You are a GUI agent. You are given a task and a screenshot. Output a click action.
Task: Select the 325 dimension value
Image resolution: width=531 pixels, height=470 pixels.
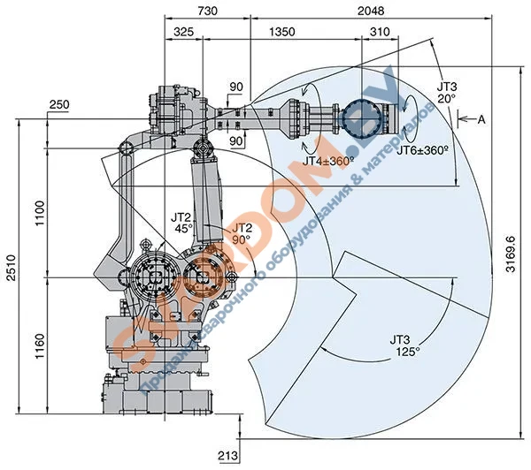click(x=184, y=32)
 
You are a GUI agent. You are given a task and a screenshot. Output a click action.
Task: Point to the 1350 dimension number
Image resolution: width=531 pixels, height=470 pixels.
click(x=281, y=32)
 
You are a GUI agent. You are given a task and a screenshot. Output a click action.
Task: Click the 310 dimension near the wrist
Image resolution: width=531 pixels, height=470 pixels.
click(x=380, y=32)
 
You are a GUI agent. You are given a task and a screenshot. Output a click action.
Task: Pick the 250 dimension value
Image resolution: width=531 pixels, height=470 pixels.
click(x=59, y=105)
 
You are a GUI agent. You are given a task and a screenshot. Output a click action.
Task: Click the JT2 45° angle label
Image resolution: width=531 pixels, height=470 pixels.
click(x=182, y=221)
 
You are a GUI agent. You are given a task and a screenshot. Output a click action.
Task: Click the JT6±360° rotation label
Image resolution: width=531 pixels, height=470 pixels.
click(x=422, y=151)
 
